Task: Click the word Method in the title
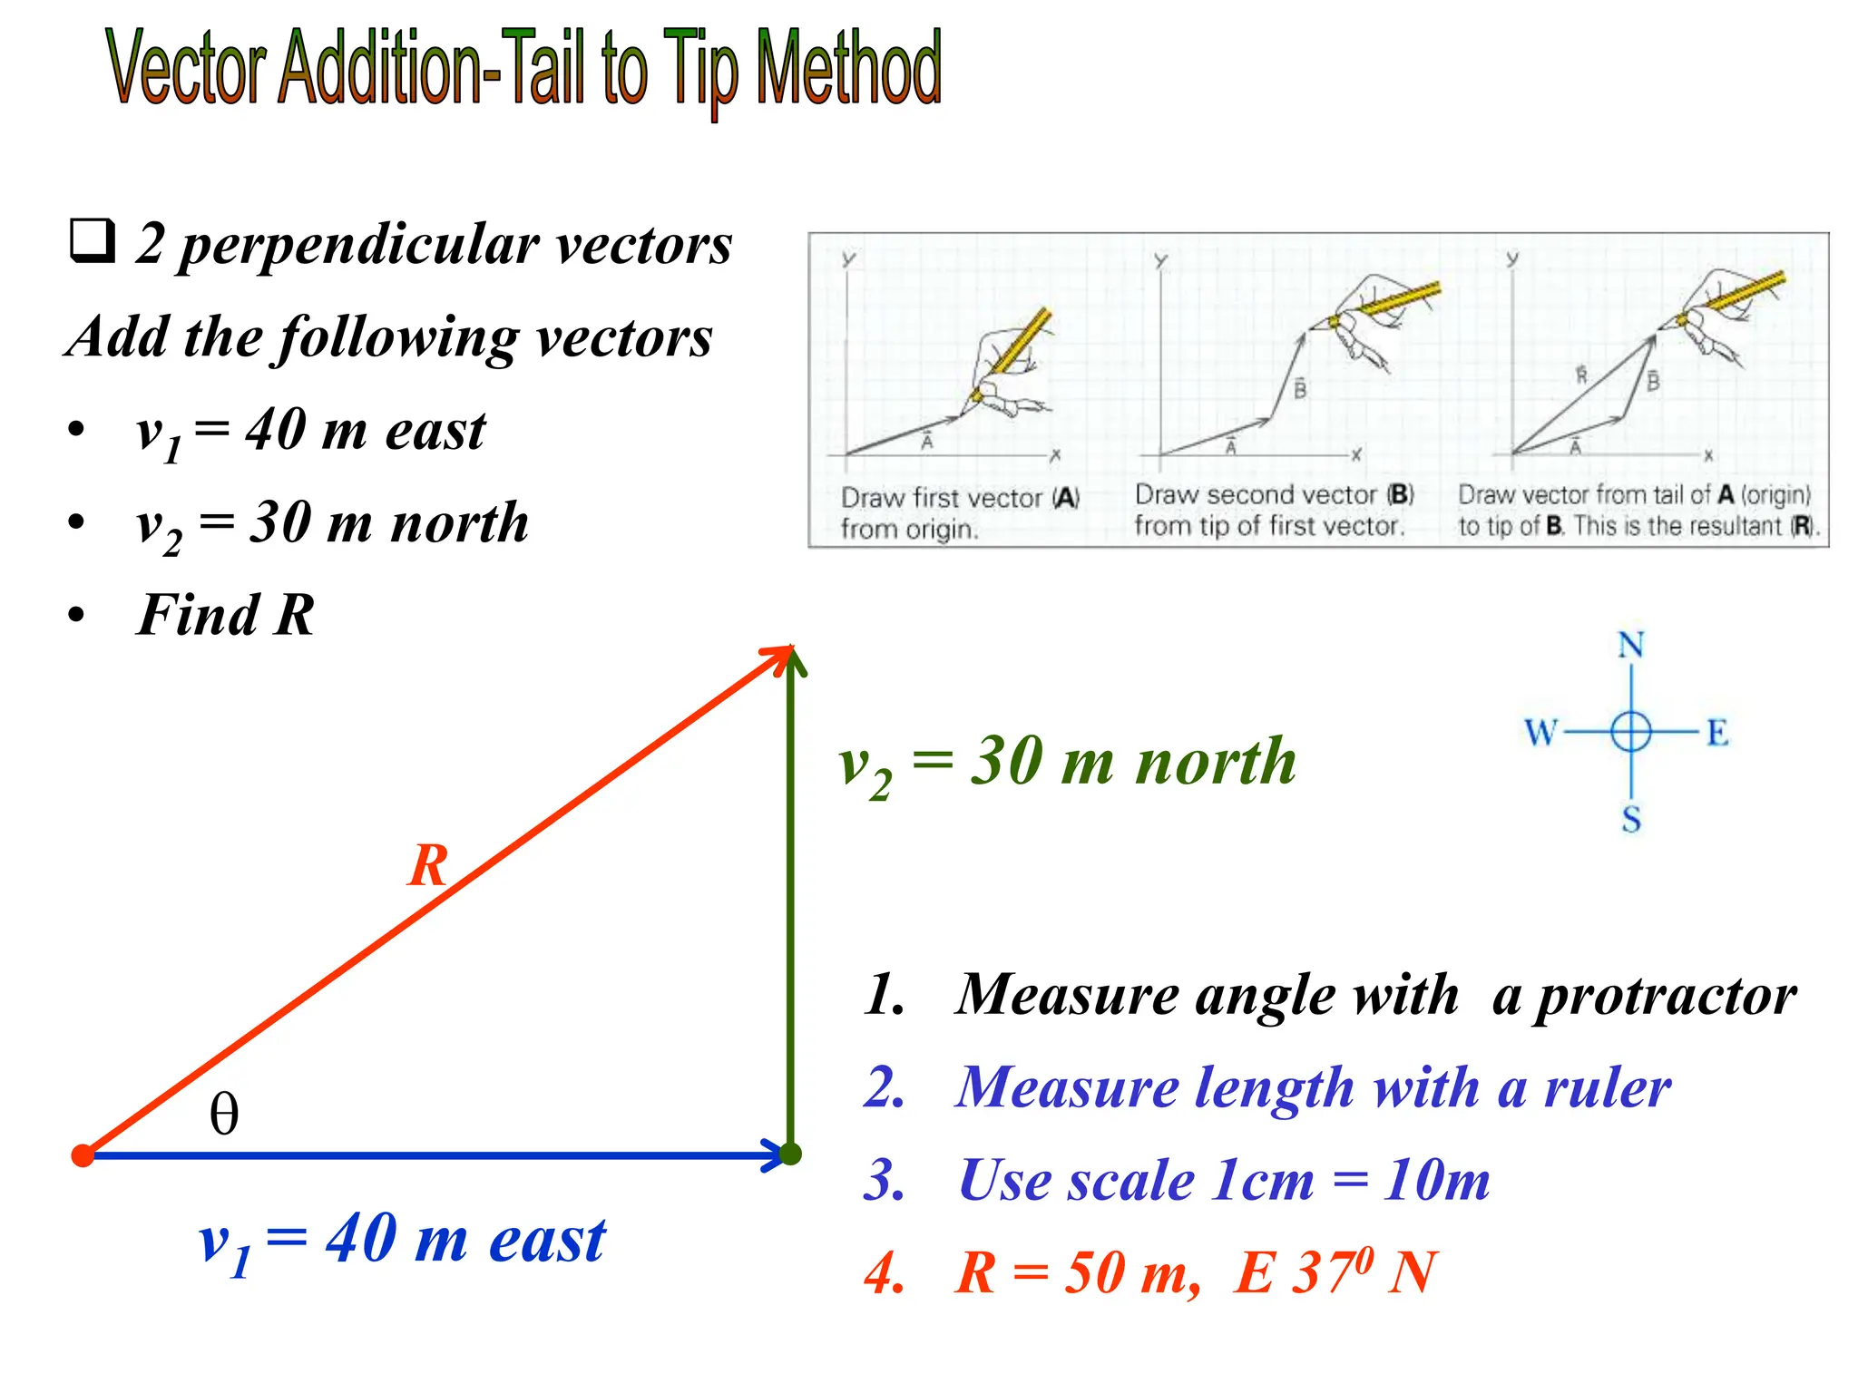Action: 848,68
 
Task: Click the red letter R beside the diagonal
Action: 428,865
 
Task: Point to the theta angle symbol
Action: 224,1114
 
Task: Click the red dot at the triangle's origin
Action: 83,1154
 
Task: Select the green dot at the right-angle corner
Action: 791,1154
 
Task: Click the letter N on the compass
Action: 1630,646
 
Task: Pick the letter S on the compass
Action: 1631,819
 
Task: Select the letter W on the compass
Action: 1540,732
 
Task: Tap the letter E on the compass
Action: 1716,732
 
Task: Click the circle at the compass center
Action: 1630,732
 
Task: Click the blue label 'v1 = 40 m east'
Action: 401,1241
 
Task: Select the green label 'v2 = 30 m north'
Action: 1067,763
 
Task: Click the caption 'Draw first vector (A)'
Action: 959,498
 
